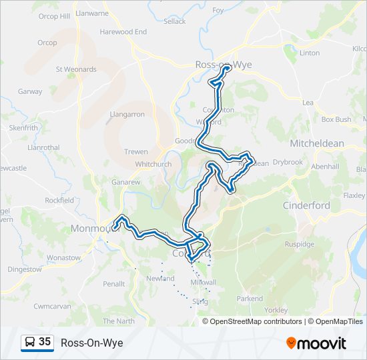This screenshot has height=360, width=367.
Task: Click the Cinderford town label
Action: click(x=306, y=205)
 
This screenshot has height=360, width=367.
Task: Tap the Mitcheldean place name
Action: click(x=317, y=143)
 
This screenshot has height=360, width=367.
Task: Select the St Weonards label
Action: click(x=76, y=69)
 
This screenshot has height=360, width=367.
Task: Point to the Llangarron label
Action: click(x=127, y=114)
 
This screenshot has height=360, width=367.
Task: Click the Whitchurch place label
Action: click(x=153, y=164)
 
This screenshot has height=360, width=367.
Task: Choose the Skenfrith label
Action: click(x=24, y=127)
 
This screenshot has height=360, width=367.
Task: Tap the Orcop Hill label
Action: click(x=54, y=16)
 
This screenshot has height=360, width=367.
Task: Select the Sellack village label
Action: click(x=175, y=21)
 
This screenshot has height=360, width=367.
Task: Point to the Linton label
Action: click(x=310, y=53)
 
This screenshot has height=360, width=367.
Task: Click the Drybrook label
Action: click(x=288, y=162)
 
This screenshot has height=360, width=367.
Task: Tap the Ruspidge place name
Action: click(x=300, y=244)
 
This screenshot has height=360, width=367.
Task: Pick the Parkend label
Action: click(x=250, y=299)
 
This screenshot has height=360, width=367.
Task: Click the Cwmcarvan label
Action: click(x=52, y=306)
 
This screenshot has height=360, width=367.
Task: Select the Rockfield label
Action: click(x=59, y=200)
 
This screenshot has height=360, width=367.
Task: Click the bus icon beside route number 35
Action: click(x=30, y=343)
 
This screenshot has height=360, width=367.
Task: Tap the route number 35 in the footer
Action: click(x=45, y=342)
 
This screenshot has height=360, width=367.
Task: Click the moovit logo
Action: click(x=316, y=343)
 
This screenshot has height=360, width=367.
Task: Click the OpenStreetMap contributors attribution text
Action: click(x=256, y=321)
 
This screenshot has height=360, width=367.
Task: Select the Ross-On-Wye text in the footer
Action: click(x=91, y=343)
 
